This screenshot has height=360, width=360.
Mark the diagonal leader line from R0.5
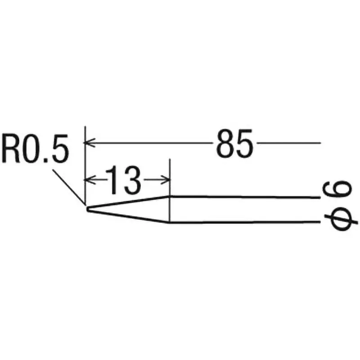coord(67,185)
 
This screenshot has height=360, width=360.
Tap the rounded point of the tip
coord(87,209)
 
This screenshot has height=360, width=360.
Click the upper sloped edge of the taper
coord(128,202)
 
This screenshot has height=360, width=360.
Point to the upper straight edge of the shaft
coord(243,197)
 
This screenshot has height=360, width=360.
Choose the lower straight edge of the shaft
coord(243,222)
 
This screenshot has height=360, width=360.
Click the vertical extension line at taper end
coord(169,189)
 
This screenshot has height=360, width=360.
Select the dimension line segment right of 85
coord(288,143)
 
